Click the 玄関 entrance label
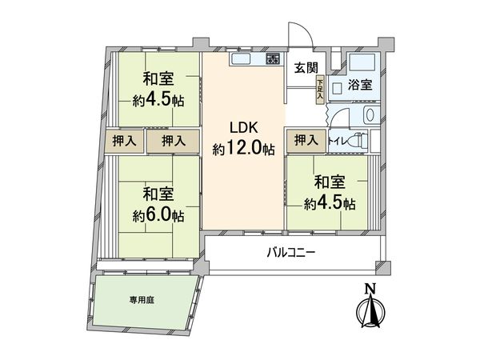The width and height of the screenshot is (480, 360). [x=303, y=67]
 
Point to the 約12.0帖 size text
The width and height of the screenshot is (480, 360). [x=243, y=149]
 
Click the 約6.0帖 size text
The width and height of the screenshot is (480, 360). [x=158, y=215]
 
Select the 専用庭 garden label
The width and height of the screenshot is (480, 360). [x=142, y=301]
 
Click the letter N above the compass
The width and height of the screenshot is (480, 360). [x=368, y=290]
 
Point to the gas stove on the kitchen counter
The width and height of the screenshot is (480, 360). [x=273, y=58]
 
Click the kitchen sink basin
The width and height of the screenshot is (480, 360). [x=242, y=59]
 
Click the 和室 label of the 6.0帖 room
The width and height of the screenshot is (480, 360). [x=158, y=194]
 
